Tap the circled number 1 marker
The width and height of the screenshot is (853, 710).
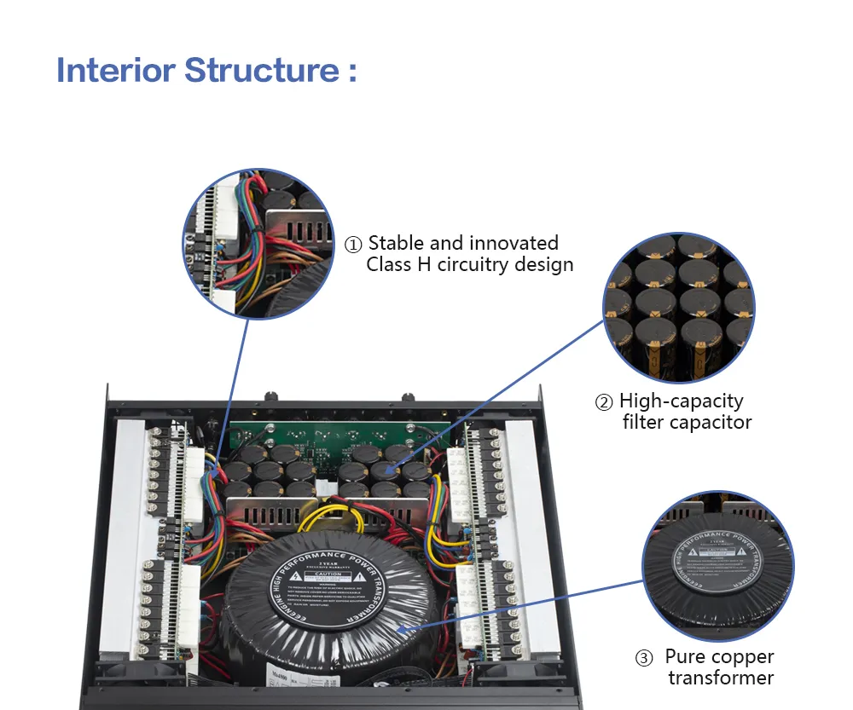coord(353,245)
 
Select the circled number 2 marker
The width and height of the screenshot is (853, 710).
coord(604,401)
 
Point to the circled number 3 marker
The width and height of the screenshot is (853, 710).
coord(645,658)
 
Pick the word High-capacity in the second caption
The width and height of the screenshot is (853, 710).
coord(682,401)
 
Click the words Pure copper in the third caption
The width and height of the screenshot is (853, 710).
coord(720,657)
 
